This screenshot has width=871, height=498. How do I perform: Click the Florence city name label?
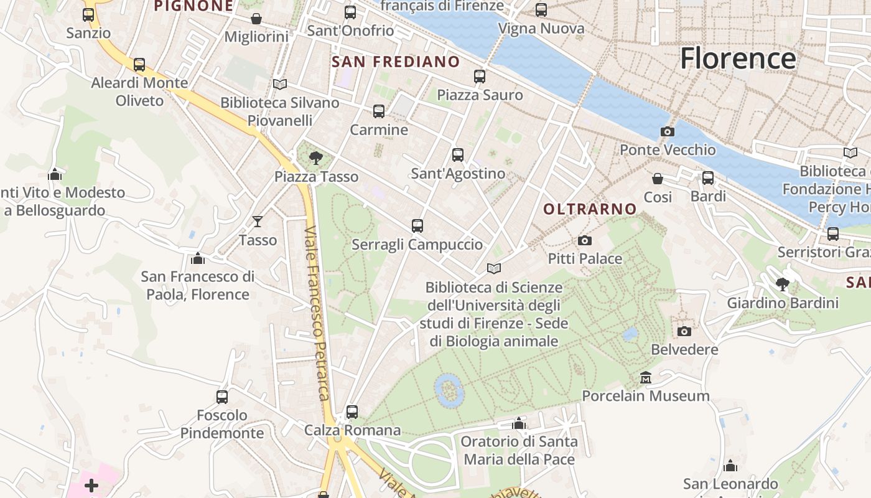tap(737, 59)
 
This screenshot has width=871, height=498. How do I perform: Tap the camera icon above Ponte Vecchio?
tap(667, 131)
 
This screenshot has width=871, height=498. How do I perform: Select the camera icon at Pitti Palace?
tap(584, 240)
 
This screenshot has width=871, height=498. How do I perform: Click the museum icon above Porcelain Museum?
tap(645, 378)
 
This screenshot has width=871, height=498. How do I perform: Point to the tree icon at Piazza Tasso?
tap(316, 157)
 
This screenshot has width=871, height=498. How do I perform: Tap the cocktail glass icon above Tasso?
tap(258, 221)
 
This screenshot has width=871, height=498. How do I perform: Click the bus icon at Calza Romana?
tap(352, 411)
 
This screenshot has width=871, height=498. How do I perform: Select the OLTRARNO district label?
tap(590, 209)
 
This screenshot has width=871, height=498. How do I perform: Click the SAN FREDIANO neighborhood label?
tap(396, 62)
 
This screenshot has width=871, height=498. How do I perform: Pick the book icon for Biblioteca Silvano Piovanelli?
tap(280, 84)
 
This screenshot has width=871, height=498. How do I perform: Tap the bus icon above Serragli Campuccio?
tap(417, 225)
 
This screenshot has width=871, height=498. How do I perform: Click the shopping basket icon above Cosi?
tap(658, 179)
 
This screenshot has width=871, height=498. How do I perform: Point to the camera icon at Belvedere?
tap(684, 331)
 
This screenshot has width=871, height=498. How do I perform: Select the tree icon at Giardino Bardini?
tap(783, 284)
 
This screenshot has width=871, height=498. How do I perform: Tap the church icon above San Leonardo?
tap(730, 466)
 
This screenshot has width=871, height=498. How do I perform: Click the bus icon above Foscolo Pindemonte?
tap(221, 397)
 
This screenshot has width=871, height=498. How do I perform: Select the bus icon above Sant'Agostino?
tap(458, 154)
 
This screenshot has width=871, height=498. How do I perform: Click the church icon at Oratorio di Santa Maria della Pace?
tap(519, 424)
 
